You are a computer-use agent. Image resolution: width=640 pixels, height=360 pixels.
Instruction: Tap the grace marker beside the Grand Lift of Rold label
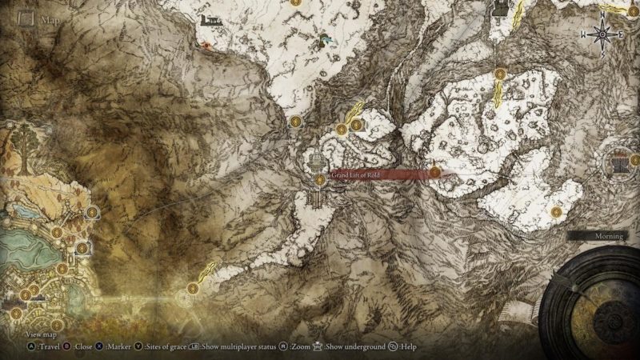320,180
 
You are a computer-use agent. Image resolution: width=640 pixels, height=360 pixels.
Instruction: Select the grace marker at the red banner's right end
434,171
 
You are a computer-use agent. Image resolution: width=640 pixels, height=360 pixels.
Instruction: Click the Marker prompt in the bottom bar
115,347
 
